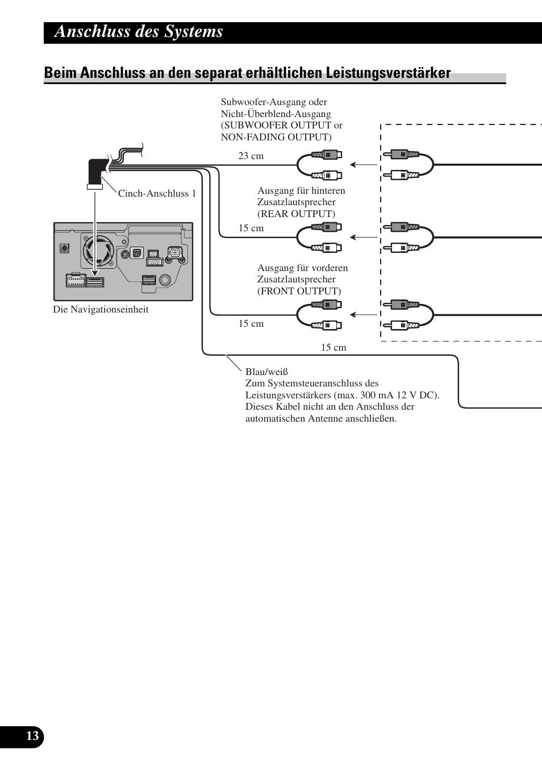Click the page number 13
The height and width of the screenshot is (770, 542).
point(32,736)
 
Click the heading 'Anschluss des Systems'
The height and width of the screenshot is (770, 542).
point(139,32)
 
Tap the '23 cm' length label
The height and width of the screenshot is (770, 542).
point(251,156)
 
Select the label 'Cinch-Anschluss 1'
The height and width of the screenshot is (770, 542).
point(157,193)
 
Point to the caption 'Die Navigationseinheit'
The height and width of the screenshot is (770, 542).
point(101,309)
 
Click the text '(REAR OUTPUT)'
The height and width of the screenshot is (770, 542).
point(296,214)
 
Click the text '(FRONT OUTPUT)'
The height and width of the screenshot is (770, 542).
point(299,291)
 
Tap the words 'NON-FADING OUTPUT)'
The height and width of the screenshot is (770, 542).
point(276,137)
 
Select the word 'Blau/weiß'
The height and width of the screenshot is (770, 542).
point(266,372)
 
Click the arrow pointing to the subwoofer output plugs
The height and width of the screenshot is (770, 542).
point(364,165)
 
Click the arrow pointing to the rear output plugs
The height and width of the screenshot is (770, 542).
point(364,237)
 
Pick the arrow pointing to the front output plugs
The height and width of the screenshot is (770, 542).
point(364,314)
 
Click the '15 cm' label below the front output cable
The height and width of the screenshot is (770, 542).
point(251,323)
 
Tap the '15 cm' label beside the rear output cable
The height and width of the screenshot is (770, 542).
point(251,228)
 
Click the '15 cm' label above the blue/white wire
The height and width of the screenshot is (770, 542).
point(333,347)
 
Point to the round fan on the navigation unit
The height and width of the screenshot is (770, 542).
point(97,250)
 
